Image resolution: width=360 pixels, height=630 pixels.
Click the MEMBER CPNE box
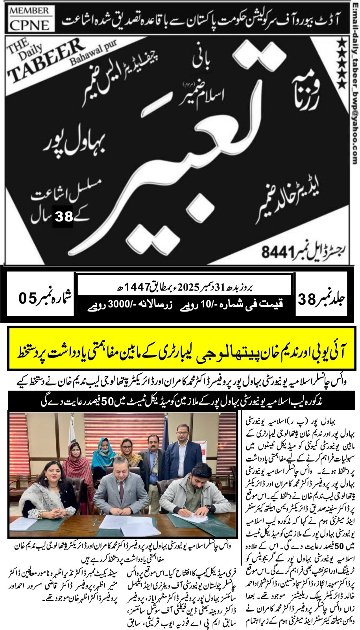(29, 19)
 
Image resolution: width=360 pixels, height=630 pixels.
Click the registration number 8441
(278, 252)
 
